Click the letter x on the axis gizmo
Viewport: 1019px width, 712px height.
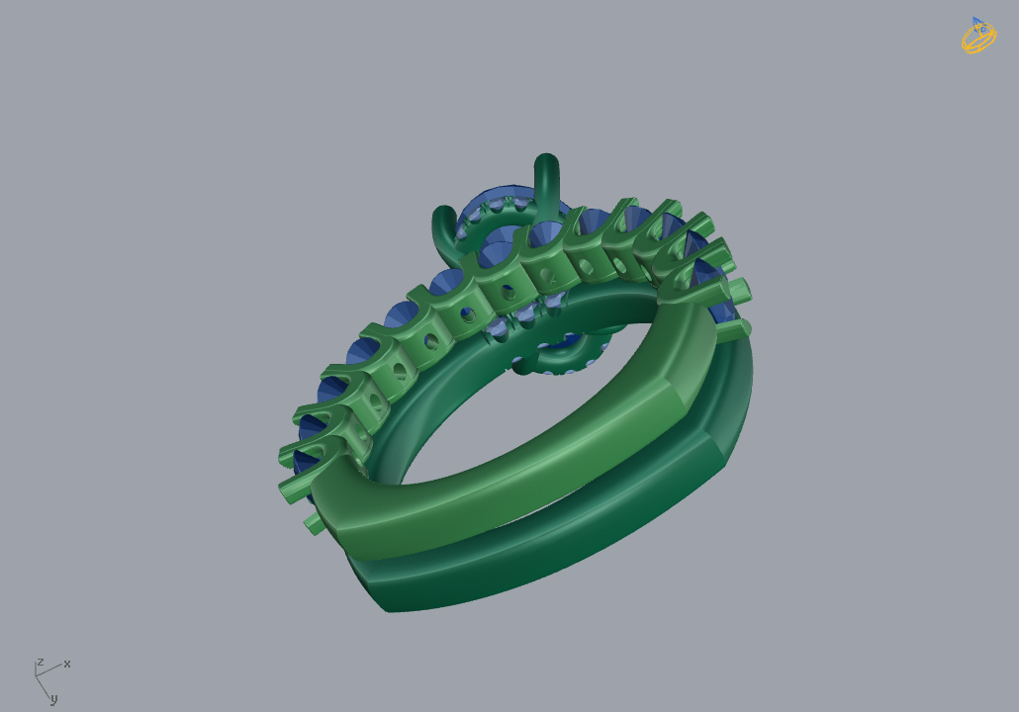pos(67,664)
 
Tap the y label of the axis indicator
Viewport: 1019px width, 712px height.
pos(54,699)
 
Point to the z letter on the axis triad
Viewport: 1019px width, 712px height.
pos(41,662)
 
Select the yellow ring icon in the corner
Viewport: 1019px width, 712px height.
pos(978,36)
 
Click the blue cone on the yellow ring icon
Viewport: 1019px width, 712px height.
pos(979,26)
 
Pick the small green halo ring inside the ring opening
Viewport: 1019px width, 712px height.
pos(561,356)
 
